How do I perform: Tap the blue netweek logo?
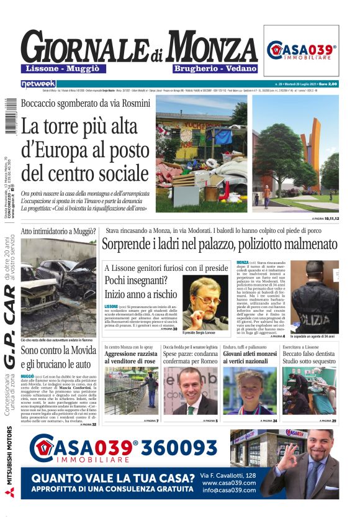[38, 83]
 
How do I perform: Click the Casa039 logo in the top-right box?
[302, 50]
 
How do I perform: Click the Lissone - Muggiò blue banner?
[58, 68]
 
